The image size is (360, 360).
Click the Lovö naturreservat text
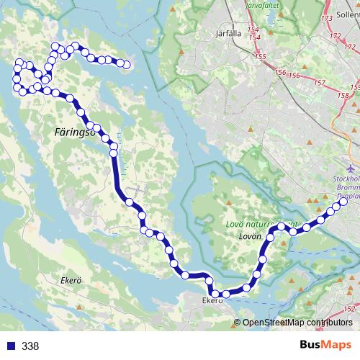[x=252, y=224]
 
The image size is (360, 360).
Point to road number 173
[x=326, y=18]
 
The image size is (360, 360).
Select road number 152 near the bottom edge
[x=349, y=308]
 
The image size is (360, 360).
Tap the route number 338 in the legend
[x=30, y=346]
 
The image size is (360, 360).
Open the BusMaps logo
[x=325, y=346]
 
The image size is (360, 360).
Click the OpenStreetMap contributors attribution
[x=297, y=323]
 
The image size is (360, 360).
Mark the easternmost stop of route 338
[x=344, y=204]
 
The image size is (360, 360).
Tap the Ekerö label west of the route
[x=73, y=280]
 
